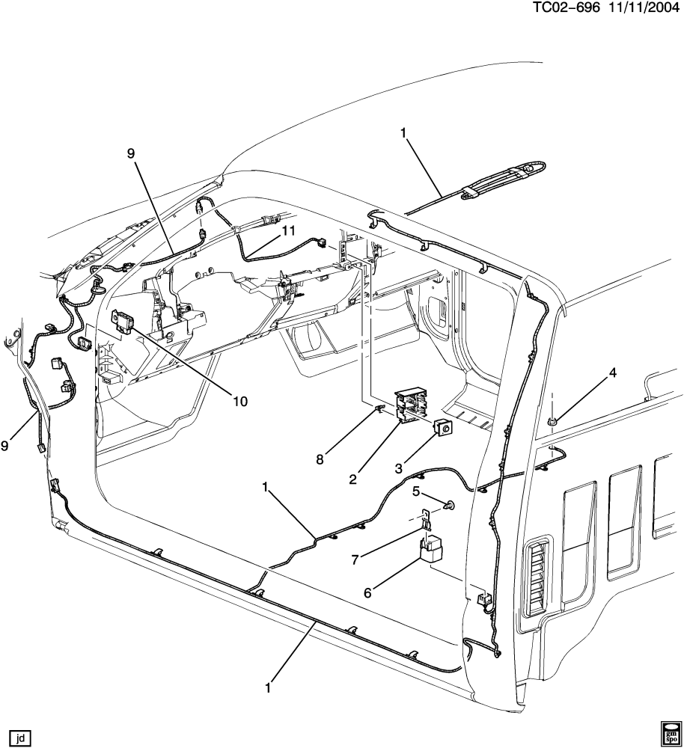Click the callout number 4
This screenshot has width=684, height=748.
(612, 371)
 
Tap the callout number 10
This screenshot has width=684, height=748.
(239, 402)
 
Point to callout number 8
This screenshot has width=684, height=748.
(320, 459)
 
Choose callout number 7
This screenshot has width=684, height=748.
(356, 559)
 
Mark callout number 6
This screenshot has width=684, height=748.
(367, 593)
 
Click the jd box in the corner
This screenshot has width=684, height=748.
(20, 736)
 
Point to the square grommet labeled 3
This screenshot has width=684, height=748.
(444, 429)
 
